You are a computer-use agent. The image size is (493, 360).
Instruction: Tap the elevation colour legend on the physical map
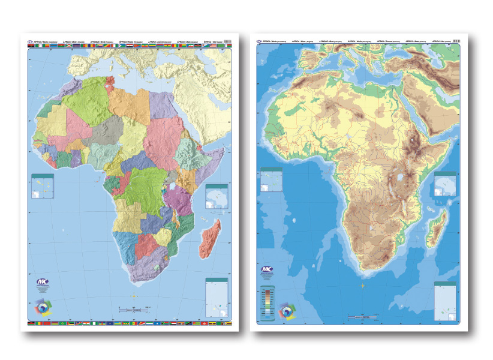click(x=266, y=300)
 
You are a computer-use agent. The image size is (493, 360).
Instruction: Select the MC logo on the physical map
click(x=266, y=271)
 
